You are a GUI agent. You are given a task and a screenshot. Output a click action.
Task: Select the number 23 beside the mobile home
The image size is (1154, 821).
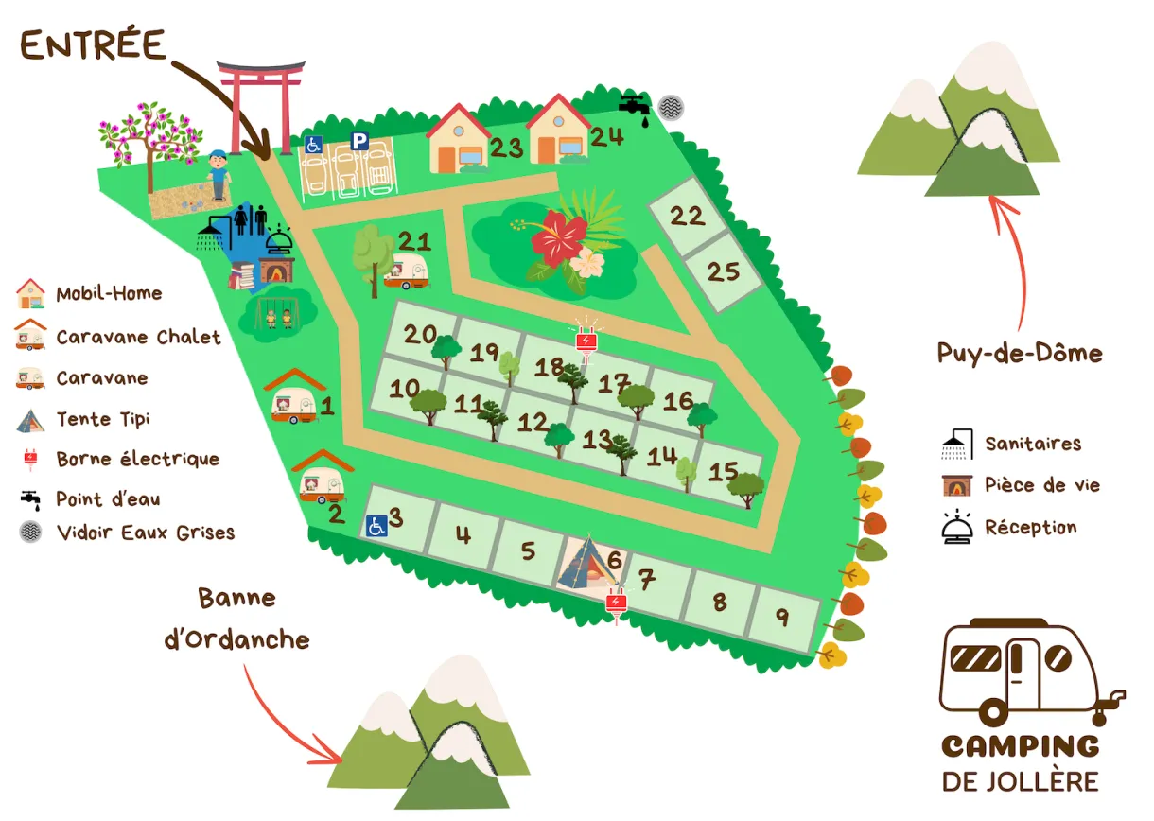506,148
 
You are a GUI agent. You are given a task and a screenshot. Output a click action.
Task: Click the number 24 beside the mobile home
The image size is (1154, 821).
606,137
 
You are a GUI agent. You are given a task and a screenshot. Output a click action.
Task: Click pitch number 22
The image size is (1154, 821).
688,216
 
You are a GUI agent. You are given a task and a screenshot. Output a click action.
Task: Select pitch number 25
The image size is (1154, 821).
723,272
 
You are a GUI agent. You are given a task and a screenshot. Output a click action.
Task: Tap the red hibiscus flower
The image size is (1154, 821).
559,236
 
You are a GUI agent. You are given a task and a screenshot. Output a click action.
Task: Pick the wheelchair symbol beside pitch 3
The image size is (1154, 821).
376,526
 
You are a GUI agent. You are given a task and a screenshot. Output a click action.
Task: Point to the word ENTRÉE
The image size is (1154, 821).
93,45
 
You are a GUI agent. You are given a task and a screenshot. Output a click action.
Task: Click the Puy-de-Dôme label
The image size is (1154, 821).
1020,354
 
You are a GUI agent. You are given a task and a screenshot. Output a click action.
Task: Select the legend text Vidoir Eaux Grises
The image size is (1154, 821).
145,533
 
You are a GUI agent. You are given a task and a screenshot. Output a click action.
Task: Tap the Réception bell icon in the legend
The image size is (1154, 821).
957,528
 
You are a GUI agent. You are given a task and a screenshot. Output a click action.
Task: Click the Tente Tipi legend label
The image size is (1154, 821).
103,419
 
